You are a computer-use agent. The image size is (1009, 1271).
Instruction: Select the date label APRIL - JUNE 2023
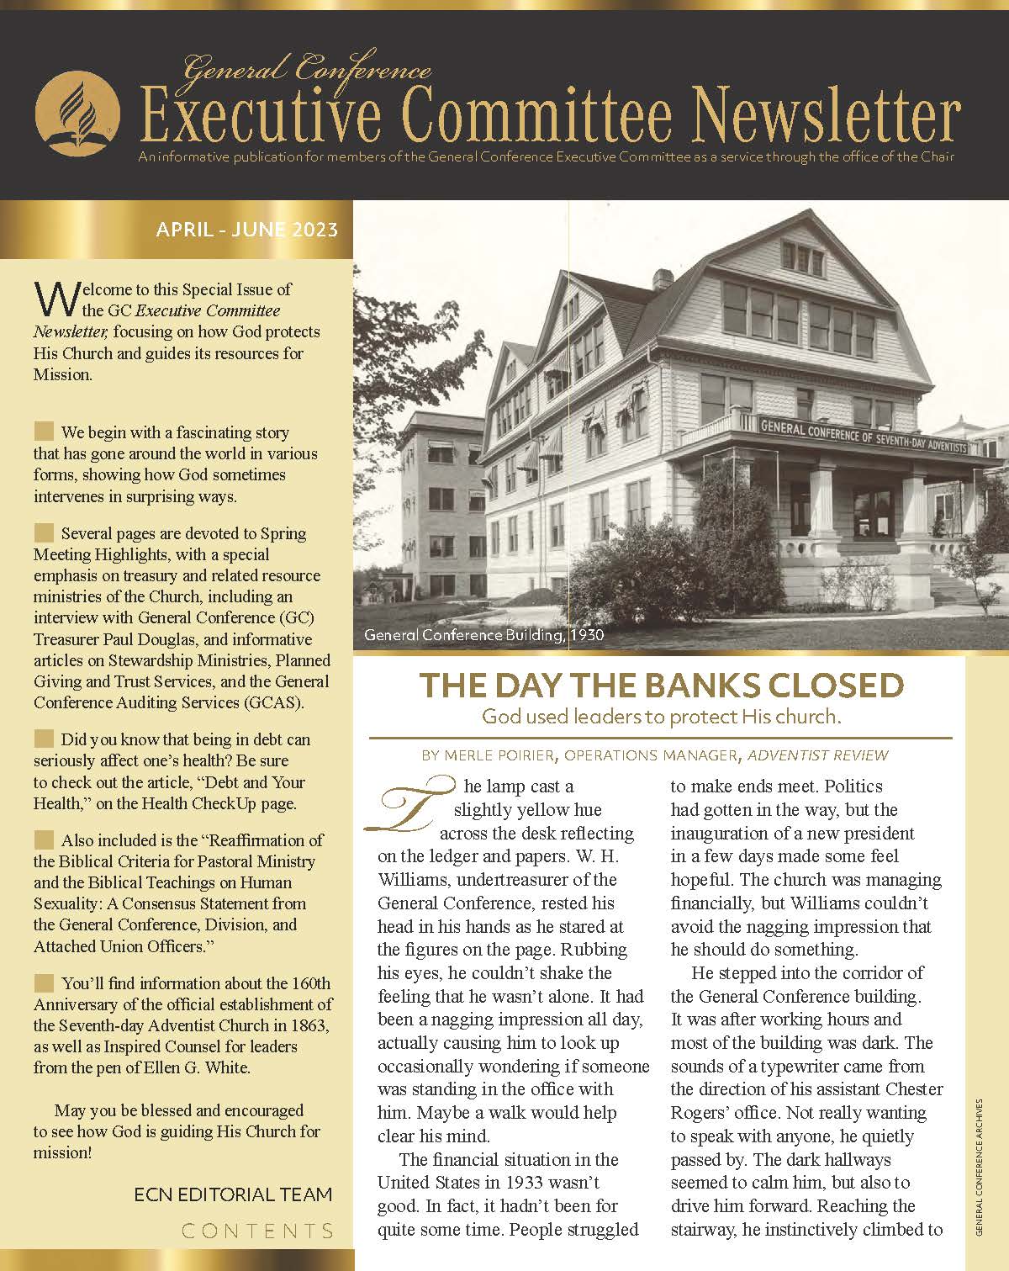tap(247, 230)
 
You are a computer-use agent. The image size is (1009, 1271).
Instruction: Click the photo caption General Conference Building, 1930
tap(483, 635)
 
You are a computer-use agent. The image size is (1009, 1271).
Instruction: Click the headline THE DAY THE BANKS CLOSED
tap(661, 686)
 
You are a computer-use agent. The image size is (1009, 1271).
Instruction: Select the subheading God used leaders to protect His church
tap(661, 718)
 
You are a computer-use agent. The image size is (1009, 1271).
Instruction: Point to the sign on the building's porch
tap(863, 434)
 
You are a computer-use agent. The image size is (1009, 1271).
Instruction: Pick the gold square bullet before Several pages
tap(44, 532)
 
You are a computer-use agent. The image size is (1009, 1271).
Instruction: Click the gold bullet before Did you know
tap(44, 739)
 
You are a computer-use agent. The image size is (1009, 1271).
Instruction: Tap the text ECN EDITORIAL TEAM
tap(233, 1194)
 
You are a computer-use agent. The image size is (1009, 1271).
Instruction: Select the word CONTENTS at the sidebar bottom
tap(257, 1231)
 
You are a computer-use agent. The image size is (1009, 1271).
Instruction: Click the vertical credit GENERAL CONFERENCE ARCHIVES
tap(980, 1166)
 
